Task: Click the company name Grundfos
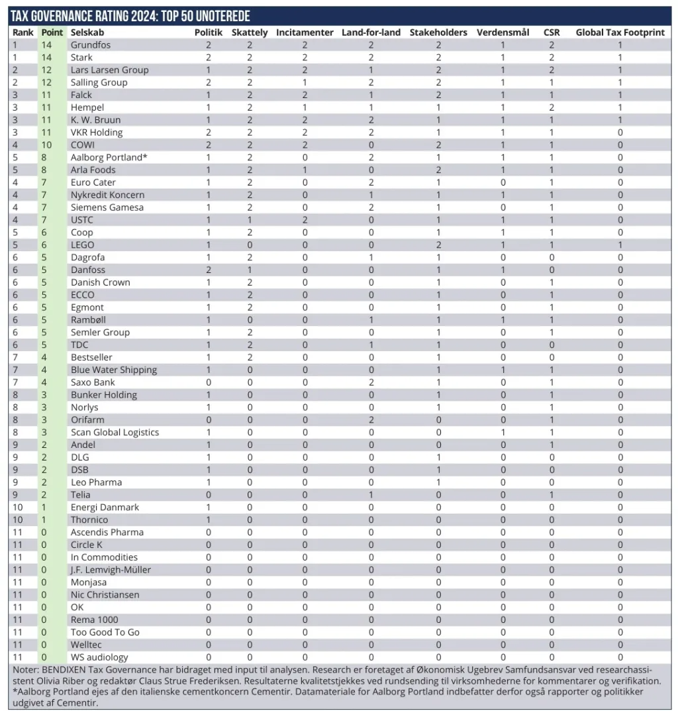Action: click(91, 45)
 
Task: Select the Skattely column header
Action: click(250, 32)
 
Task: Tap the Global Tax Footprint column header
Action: click(620, 32)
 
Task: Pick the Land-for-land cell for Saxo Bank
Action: click(371, 382)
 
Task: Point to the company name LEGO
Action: click(83, 245)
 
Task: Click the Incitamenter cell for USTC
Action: click(305, 219)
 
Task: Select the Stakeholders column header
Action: click(438, 32)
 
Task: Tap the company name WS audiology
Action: click(99, 657)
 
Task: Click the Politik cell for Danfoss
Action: click(209, 270)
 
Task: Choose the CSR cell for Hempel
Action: click(552, 107)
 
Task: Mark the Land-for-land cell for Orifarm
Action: click(371, 419)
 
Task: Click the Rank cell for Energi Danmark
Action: click(18, 507)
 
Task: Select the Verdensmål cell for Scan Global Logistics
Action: click(503, 432)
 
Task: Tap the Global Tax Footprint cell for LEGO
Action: click(620, 245)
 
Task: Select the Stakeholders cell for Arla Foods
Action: click(438, 170)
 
